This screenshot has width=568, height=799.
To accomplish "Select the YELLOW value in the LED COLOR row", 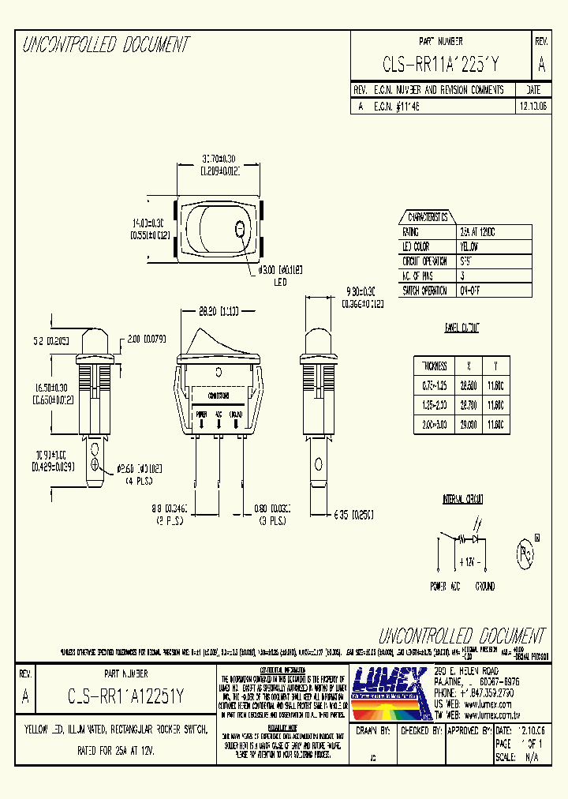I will pyautogui.click(x=469, y=247).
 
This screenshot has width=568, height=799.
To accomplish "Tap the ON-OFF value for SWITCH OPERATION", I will pyautogui.click(x=470, y=290).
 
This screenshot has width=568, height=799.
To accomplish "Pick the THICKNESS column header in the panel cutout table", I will pyautogui.click(x=435, y=366).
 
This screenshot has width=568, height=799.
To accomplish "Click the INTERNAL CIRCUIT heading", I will pyautogui.click(x=462, y=499).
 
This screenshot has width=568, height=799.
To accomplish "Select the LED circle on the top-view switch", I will pyautogui.click(x=240, y=229).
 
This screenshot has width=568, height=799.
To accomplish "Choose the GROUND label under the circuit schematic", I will pyautogui.click(x=484, y=587).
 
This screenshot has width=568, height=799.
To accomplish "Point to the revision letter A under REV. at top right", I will pyautogui.click(x=540, y=64).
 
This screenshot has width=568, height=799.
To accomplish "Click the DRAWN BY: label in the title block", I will pyautogui.click(x=374, y=731).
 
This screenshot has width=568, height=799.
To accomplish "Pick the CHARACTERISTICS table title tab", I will pyautogui.click(x=427, y=217).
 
